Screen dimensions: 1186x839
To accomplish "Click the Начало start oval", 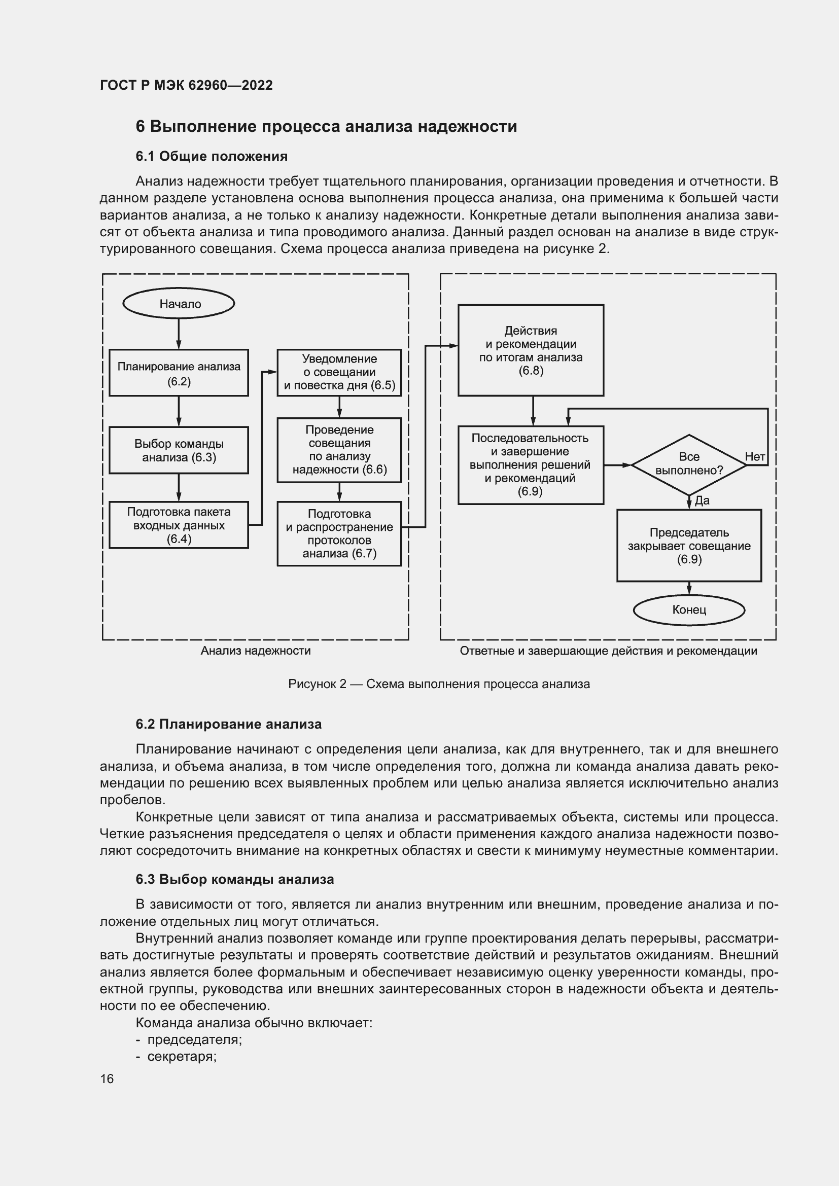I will click(179, 304).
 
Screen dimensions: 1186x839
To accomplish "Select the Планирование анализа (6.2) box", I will click(179, 373).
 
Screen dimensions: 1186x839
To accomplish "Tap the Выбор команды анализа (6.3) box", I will click(179, 450).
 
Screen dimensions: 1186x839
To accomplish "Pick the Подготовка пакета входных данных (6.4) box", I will click(179, 525).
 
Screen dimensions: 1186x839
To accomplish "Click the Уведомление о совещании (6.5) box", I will click(339, 373).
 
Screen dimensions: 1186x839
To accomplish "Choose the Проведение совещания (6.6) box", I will click(339, 450).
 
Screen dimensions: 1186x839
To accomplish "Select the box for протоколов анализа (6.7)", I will click(339, 533).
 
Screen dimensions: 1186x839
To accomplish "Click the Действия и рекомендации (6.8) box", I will click(531, 350).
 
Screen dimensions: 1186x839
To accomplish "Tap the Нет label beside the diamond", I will click(755, 457).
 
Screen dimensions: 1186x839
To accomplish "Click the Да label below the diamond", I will click(702, 500).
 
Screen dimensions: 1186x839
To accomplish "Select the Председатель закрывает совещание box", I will click(689, 546).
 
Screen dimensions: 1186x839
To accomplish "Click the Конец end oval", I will click(689, 610).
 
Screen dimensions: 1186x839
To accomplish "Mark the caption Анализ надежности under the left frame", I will click(256, 651).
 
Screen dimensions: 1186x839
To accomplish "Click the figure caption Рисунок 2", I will click(439, 684).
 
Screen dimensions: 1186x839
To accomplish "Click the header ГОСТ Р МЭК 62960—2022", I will click(187, 85).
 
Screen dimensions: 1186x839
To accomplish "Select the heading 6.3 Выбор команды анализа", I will click(235, 879).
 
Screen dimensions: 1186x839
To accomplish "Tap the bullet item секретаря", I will click(181, 1056).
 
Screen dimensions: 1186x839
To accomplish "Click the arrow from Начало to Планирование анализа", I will click(179, 334).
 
